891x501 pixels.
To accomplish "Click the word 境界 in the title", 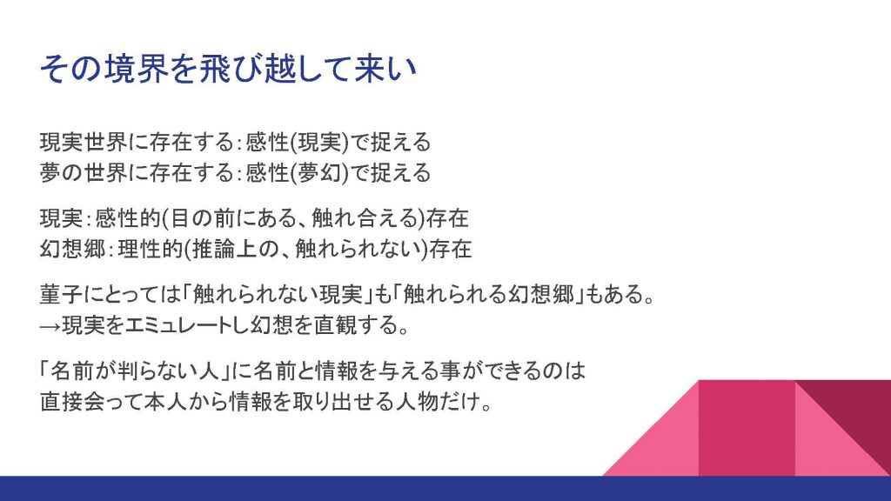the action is click(137, 69).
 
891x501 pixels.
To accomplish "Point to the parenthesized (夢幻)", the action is click(319, 173).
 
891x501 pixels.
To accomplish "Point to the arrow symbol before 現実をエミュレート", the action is click(50, 325).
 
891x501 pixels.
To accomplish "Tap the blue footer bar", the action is click(445, 489).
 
